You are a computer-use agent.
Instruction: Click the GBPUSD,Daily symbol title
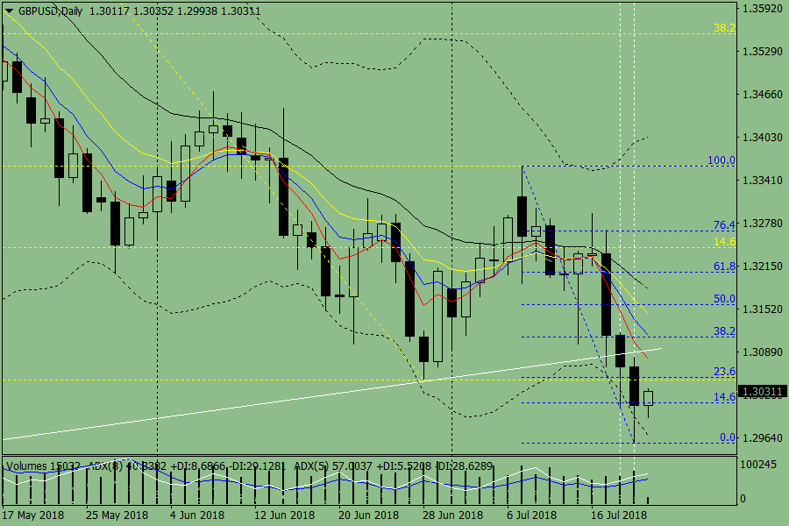point(45,10)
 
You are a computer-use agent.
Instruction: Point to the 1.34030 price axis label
point(762,138)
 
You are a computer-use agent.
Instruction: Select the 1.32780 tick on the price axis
point(762,224)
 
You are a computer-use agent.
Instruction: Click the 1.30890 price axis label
point(762,352)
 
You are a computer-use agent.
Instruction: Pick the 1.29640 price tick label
point(762,437)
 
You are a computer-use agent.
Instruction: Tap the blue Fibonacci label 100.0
point(721,161)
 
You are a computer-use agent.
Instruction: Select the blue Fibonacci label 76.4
point(724,225)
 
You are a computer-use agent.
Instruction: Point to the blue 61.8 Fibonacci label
point(724,267)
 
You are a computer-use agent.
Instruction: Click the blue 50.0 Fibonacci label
point(724,299)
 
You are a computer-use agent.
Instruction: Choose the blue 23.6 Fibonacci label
point(724,372)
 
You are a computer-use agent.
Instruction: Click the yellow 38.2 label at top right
point(724,28)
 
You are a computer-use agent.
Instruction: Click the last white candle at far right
point(649,398)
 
